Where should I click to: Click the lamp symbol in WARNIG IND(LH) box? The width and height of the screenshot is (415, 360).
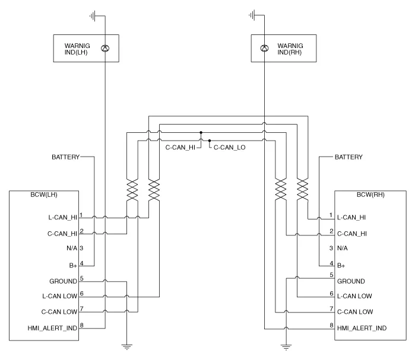(105, 47)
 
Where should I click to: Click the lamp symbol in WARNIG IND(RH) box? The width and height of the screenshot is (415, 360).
(264, 47)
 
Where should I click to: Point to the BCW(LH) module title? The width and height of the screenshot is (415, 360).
(44, 195)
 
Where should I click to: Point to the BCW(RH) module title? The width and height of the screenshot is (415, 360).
(370, 195)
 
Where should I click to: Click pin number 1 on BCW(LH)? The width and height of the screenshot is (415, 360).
(81, 215)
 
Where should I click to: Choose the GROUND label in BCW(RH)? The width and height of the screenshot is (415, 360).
(351, 281)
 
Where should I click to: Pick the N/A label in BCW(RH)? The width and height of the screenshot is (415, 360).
(342, 248)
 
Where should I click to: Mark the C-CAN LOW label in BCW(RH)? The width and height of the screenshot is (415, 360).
(354, 311)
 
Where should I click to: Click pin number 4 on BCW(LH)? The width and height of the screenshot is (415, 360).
(81, 263)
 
